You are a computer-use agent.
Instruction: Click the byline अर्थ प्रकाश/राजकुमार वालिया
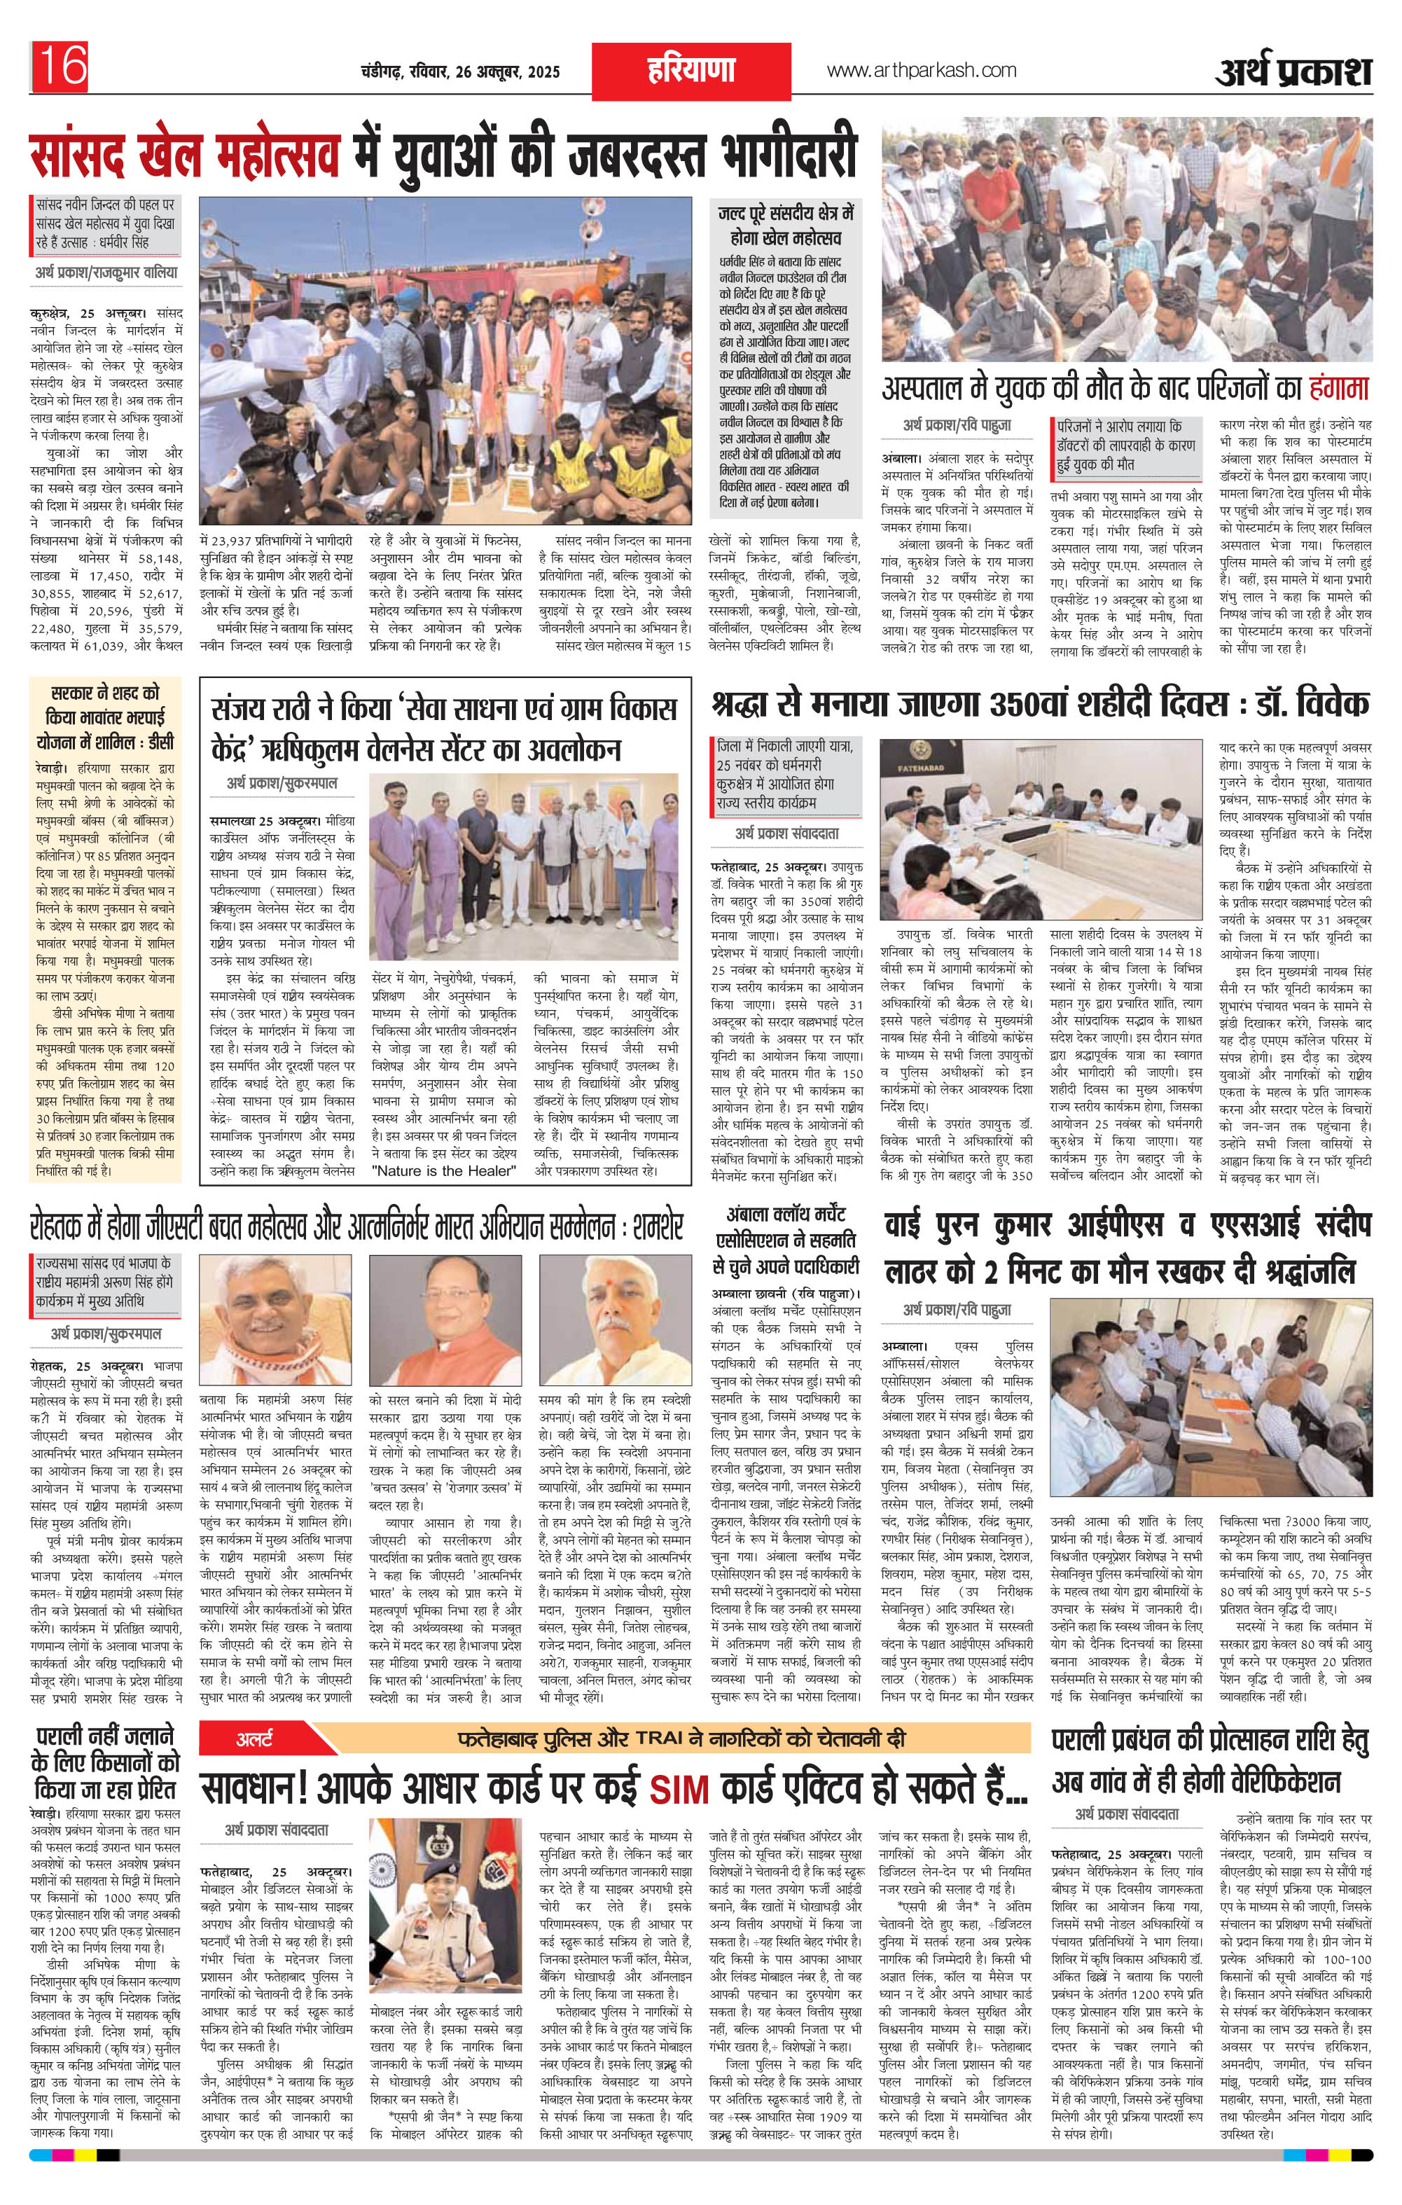(x=106, y=272)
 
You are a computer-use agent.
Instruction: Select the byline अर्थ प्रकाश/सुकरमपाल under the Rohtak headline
(x=106, y=1333)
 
